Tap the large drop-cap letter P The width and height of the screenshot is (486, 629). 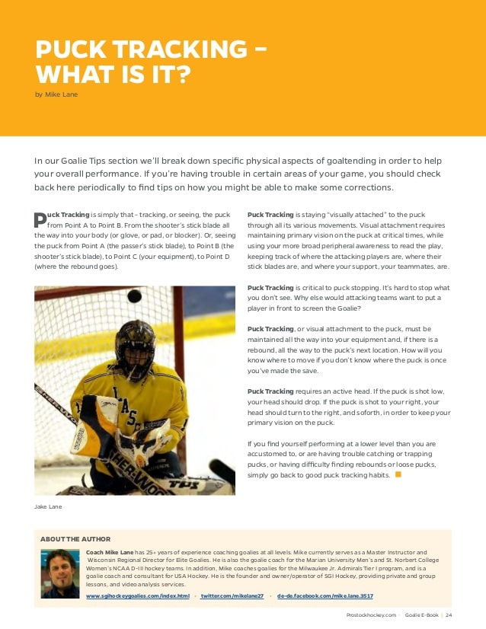(40, 220)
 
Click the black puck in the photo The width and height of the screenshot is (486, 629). (134, 295)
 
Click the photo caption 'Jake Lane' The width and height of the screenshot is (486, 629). (48, 506)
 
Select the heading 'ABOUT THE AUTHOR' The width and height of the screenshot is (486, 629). (75, 539)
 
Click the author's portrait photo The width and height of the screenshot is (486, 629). (60, 573)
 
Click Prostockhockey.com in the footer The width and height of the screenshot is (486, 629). (371, 615)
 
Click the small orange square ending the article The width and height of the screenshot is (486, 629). (397, 474)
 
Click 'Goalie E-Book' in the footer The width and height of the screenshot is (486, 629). (421, 615)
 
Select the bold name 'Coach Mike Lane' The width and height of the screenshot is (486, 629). (110, 551)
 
